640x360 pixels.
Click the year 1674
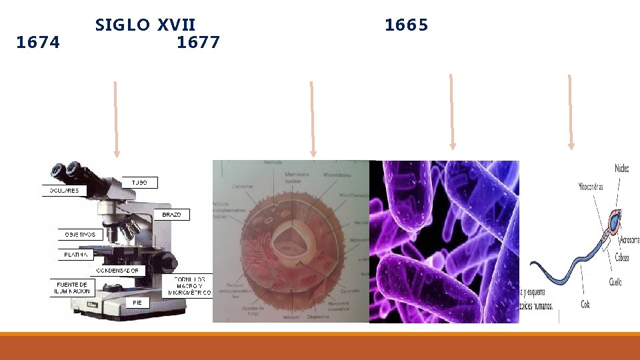(x=38, y=43)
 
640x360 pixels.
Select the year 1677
(x=199, y=43)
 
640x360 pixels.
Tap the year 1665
(x=406, y=25)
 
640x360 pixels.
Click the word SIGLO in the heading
(x=123, y=25)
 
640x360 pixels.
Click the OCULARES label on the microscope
(x=64, y=190)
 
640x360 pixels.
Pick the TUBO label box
(x=140, y=182)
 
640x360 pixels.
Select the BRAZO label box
(x=171, y=215)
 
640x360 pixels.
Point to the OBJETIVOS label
(x=81, y=235)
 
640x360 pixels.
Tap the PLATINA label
(x=77, y=255)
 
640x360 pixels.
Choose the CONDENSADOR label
(x=117, y=271)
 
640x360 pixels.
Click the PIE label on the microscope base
(x=137, y=303)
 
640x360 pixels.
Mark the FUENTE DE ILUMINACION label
(x=72, y=288)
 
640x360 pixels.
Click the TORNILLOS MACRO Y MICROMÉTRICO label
(x=189, y=285)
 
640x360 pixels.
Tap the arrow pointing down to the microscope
(x=116, y=120)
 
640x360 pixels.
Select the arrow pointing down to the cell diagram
(x=311, y=120)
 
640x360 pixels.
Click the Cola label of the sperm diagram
(x=585, y=305)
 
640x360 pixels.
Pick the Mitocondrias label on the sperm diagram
(x=590, y=187)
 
